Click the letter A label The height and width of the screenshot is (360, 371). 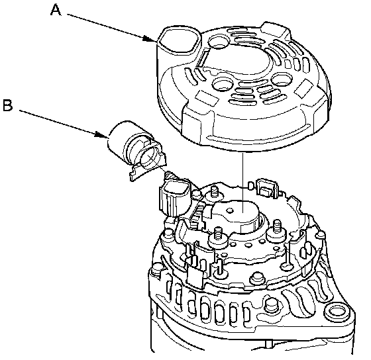tap(56, 11)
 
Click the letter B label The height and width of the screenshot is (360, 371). tap(8, 105)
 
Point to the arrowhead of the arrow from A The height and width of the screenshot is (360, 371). tap(150, 39)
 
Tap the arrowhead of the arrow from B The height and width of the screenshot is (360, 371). tap(101, 135)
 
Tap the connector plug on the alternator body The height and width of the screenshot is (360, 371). tap(175, 197)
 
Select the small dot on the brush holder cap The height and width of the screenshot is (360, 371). tap(229, 210)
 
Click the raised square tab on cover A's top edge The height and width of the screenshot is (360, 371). tap(275, 30)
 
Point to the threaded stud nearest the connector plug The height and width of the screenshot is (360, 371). tap(215, 192)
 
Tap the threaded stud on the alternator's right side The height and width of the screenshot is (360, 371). tap(277, 228)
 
